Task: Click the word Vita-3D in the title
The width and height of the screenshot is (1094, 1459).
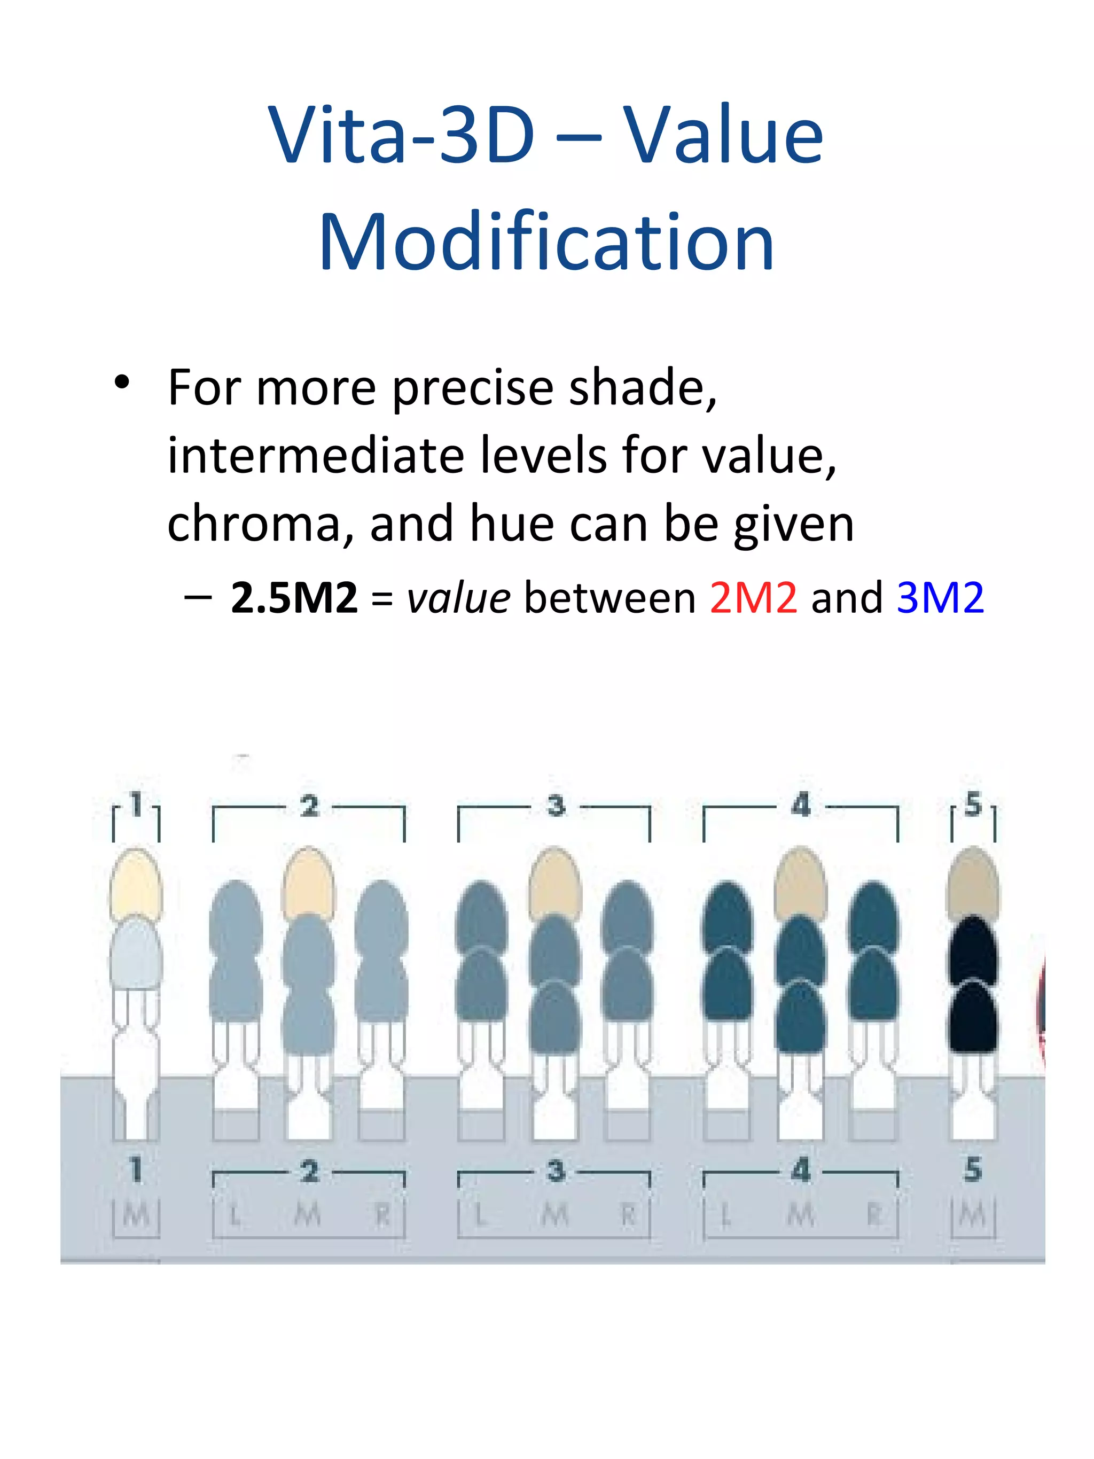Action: point(401,135)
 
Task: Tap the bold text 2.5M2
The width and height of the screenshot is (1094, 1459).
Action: point(294,598)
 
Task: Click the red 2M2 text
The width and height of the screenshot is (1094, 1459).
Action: point(753,598)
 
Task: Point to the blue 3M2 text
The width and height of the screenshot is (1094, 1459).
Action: point(940,598)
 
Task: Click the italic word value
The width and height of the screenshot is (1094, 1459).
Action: point(458,598)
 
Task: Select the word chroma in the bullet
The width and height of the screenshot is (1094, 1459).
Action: point(253,525)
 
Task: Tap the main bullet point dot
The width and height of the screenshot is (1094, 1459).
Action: point(122,383)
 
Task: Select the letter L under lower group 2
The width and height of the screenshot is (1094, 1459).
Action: point(234,1215)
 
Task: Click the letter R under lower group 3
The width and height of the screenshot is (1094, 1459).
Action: point(628,1215)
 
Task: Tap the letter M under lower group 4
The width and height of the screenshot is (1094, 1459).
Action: point(801,1215)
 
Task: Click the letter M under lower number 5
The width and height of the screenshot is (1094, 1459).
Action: point(973,1215)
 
